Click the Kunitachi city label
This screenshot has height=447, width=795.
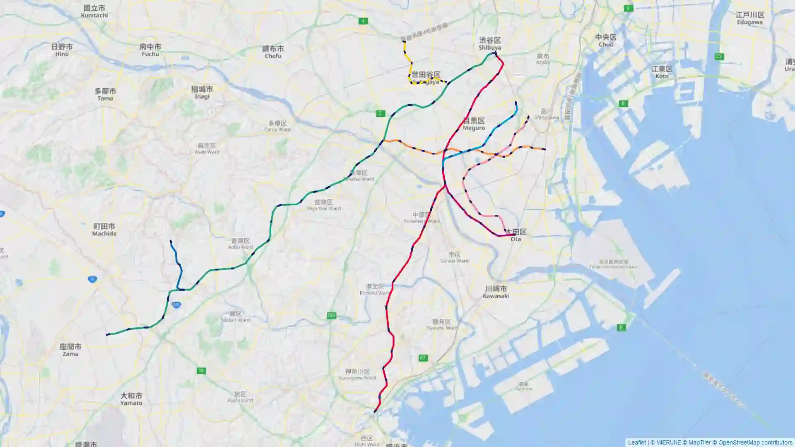point(94,11)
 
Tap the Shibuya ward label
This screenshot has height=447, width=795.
point(490,43)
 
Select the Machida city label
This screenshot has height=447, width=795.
point(104,230)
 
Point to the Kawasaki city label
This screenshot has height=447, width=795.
point(496,292)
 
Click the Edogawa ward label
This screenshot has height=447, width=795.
point(749,18)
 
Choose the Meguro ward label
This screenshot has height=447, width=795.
point(474,124)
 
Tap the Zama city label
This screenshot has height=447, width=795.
point(70,350)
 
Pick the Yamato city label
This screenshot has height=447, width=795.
point(131,399)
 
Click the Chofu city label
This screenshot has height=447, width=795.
point(273,52)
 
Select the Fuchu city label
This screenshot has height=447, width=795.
point(150,50)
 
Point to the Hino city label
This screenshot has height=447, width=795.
point(62,50)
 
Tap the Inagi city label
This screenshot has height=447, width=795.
point(202,92)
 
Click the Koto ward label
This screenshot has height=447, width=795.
point(662,72)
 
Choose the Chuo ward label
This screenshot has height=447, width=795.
point(606,40)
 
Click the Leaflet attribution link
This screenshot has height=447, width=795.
point(636,442)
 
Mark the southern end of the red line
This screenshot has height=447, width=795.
point(375,412)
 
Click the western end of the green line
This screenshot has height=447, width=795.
point(107,334)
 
